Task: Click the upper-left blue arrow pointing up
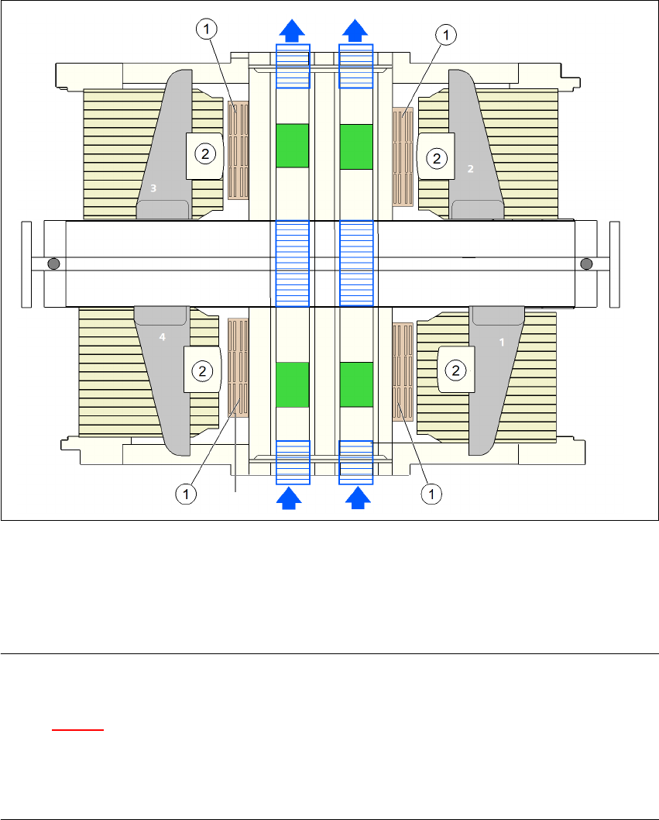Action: click(x=292, y=31)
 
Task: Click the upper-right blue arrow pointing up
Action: click(x=356, y=31)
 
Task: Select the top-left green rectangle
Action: click(x=292, y=146)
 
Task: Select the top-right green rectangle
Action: click(x=356, y=146)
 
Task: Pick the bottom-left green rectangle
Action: click(x=292, y=383)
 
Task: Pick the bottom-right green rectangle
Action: click(x=356, y=383)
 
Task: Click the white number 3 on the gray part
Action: click(x=153, y=188)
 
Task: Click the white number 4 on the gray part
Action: click(x=163, y=337)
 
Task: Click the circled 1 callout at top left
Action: click(x=207, y=29)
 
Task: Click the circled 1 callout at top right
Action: click(x=445, y=34)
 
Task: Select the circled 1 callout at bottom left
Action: click(x=185, y=492)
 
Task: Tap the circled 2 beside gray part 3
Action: click(x=205, y=154)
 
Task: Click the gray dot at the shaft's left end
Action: click(x=53, y=264)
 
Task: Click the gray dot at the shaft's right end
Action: click(x=586, y=264)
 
